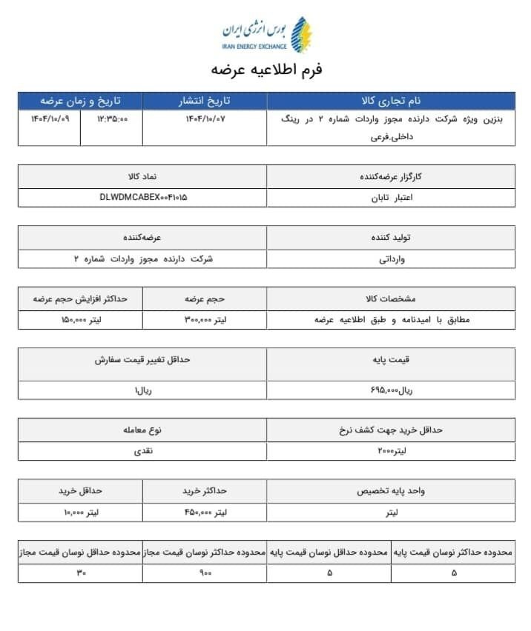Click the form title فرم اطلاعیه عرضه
(266, 70)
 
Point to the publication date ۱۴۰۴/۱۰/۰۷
(204, 119)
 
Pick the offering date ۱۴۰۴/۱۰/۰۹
(50, 119)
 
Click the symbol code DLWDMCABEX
(143, 198)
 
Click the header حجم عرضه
(204, 299)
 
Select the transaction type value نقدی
(142, 450)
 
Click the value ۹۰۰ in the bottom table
(205, 572)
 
